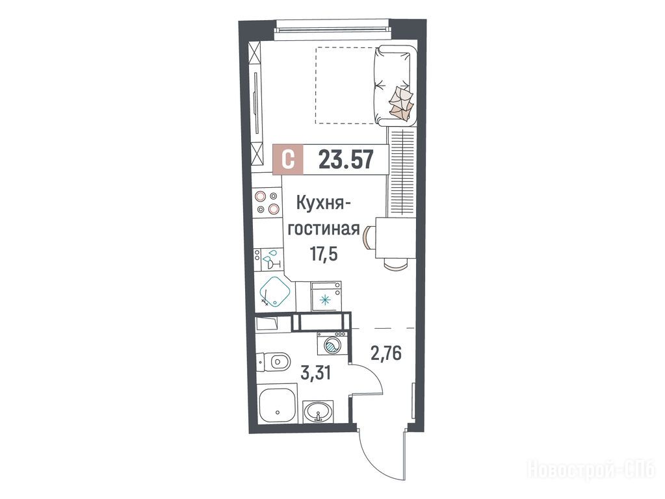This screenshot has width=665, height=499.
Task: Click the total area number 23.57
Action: pos(346,160)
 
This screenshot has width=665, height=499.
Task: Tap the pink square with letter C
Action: pos(289,160)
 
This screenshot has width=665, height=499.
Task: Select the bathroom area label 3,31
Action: pos(315,374)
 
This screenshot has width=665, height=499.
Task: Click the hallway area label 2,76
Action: pos(386,353)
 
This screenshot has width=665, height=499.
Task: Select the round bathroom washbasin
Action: pos(318,411)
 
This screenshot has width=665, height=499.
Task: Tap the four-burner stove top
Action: pos(267,202)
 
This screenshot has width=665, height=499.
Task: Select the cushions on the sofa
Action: pos(401,102)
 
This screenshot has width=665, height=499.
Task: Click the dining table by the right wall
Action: pos(395,238)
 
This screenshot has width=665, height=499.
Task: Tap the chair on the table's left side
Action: pos(368,238)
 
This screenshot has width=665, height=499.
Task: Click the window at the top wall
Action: pos(332,31)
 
